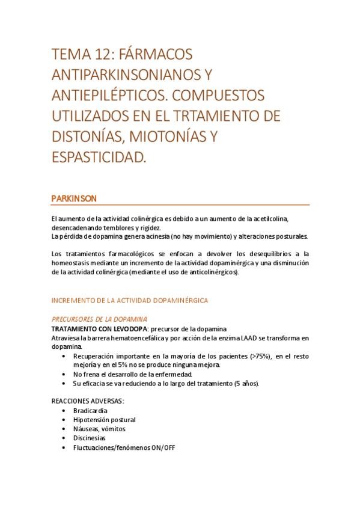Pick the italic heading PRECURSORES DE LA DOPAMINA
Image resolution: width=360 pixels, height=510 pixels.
click(99, 319)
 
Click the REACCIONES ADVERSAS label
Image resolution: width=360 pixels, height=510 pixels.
click(88, 401)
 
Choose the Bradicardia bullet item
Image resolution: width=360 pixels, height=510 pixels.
click(91, 410)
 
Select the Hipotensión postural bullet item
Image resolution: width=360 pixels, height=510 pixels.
click(104, 420)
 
